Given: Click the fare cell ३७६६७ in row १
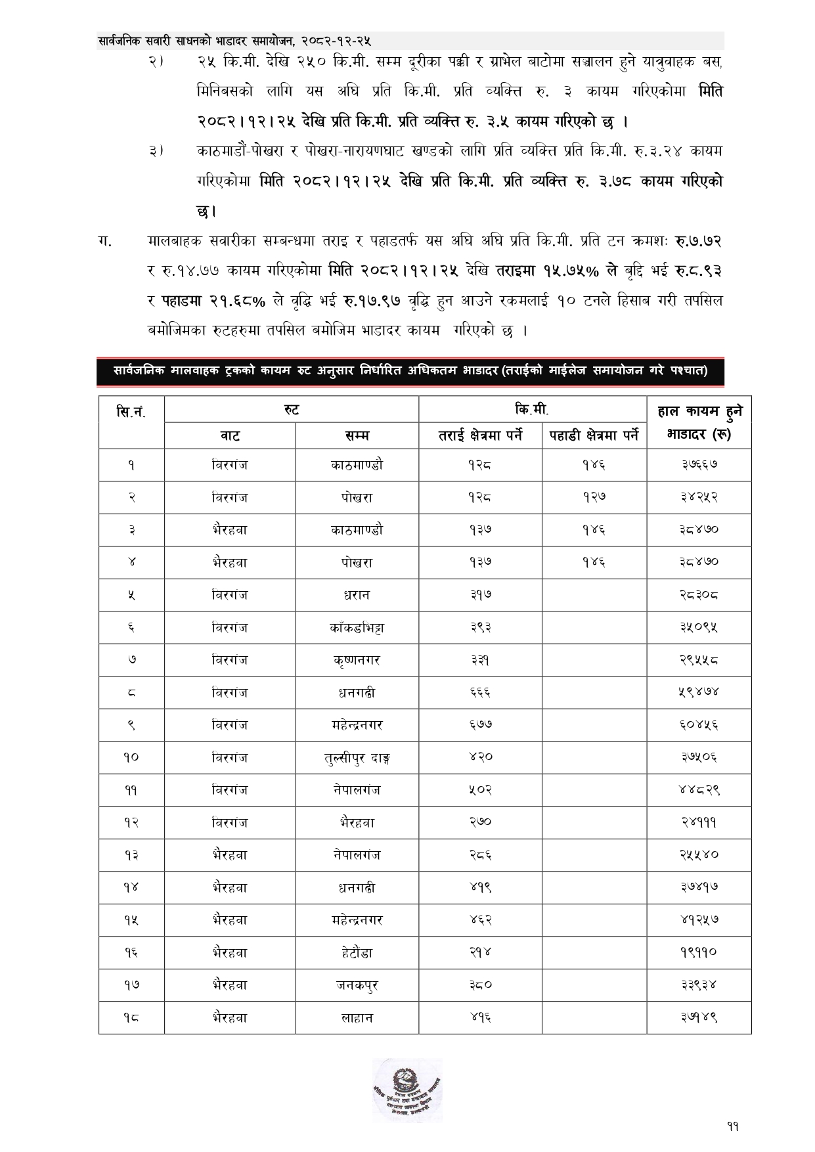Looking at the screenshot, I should (699, 465).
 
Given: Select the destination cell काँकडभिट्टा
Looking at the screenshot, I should (357, 627).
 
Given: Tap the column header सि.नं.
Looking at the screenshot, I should (131, 412).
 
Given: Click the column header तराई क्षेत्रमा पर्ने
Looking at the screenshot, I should (480, 435).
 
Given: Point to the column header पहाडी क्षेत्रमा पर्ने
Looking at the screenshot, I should (594, 435).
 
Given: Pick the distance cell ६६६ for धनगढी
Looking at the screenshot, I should (480, 692).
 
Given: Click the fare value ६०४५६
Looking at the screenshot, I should (699, 724).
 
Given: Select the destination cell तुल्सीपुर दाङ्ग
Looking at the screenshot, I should (357, 757).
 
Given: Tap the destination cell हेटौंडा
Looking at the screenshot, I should (357, 952).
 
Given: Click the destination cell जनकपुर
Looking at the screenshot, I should (357, 985).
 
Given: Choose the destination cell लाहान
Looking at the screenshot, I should (357, 1017).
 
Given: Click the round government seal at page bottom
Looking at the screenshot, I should (407, 1090).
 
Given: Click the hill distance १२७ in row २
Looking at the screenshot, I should (594, 497).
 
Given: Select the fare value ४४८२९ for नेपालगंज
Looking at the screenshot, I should (699, 789).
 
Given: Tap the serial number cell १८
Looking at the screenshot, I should (131, 1017).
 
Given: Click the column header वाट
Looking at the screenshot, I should (230, 435).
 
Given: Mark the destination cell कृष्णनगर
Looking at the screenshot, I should (357, 660).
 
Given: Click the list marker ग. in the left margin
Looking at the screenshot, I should (104, 241).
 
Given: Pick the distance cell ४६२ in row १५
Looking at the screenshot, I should (480, 919).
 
